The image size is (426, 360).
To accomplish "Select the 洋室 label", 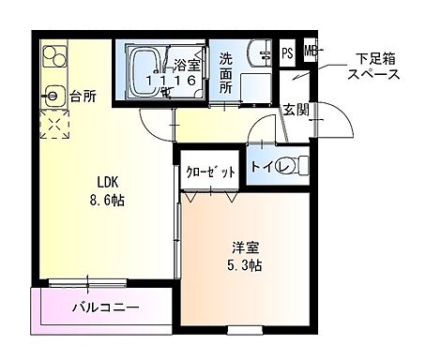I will pos(247,247).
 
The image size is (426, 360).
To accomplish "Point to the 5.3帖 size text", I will pos(247,264).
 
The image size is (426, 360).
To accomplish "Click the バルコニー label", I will pos(105,307).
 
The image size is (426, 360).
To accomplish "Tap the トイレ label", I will pos(266,166).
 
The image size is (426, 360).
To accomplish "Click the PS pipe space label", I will pos(287,52).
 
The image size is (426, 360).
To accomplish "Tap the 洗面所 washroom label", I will pos(226,72).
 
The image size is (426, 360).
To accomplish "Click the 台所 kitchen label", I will pos(83,95).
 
